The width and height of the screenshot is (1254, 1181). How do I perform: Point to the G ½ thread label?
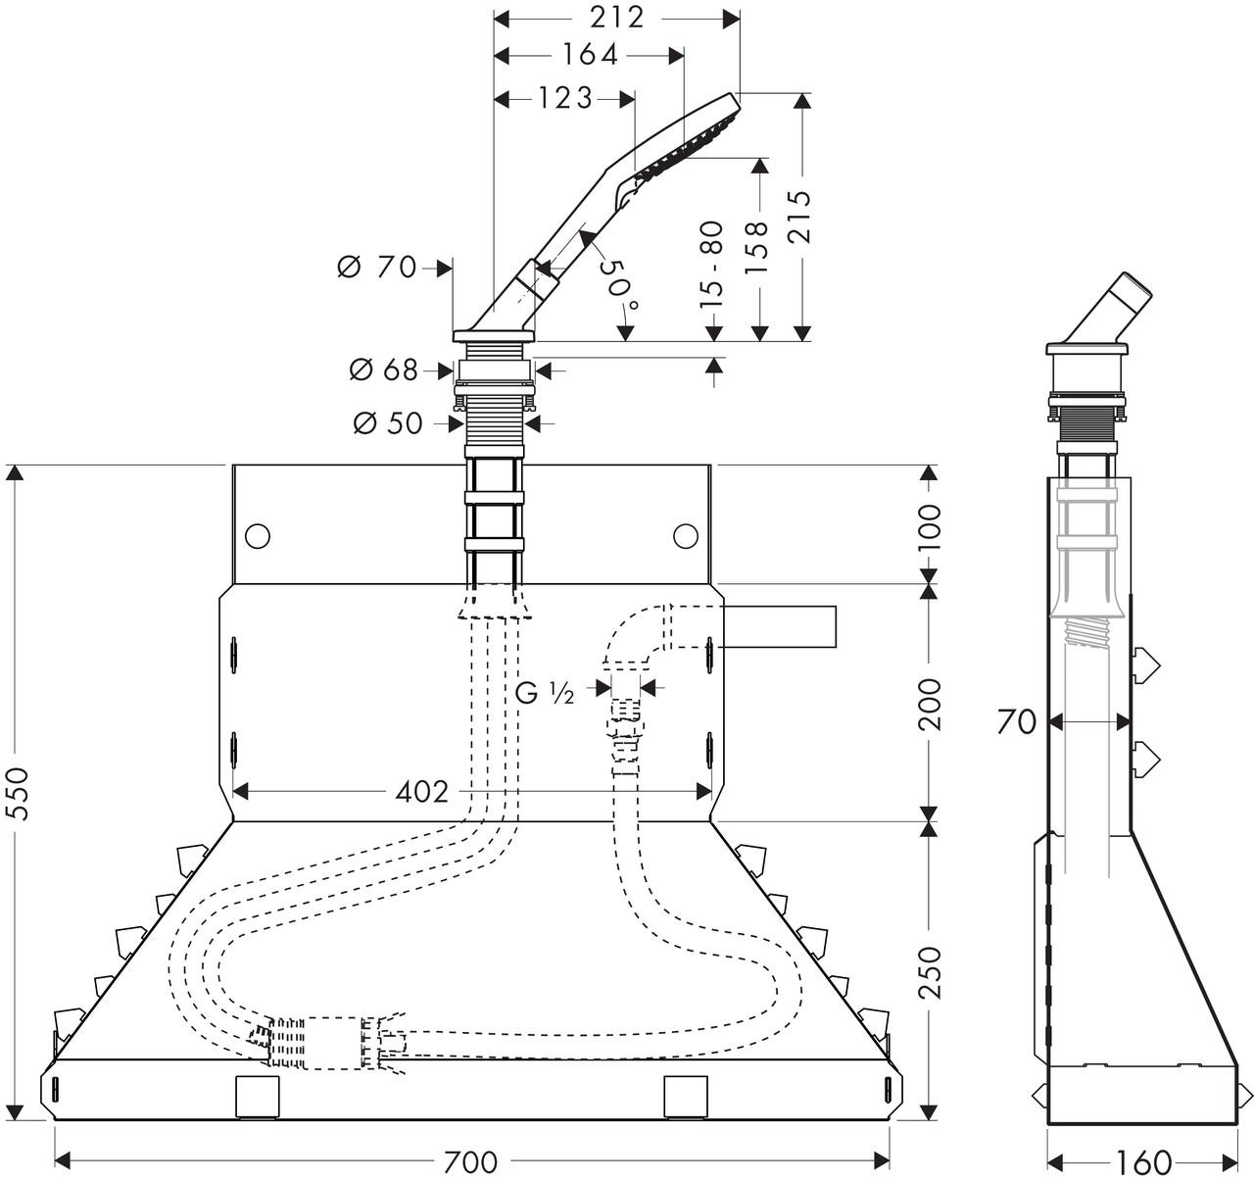pyautogui.click(x=544, y=692)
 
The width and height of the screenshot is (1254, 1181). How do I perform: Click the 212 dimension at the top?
pyautogui.click(x=617, y=17)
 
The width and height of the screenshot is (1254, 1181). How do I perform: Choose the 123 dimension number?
pyautogui.click(x=564, y=97)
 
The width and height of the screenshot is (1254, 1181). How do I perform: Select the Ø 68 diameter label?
pyautogui.click(x=384, y=369)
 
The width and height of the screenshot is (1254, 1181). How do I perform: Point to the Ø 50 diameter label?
pyautogui.click(x=388, y=423)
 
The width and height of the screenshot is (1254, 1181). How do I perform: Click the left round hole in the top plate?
pyautogui.click(x=257, y=535)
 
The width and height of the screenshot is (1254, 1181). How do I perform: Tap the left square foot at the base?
pyautogui.click(x=259, y=1095)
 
